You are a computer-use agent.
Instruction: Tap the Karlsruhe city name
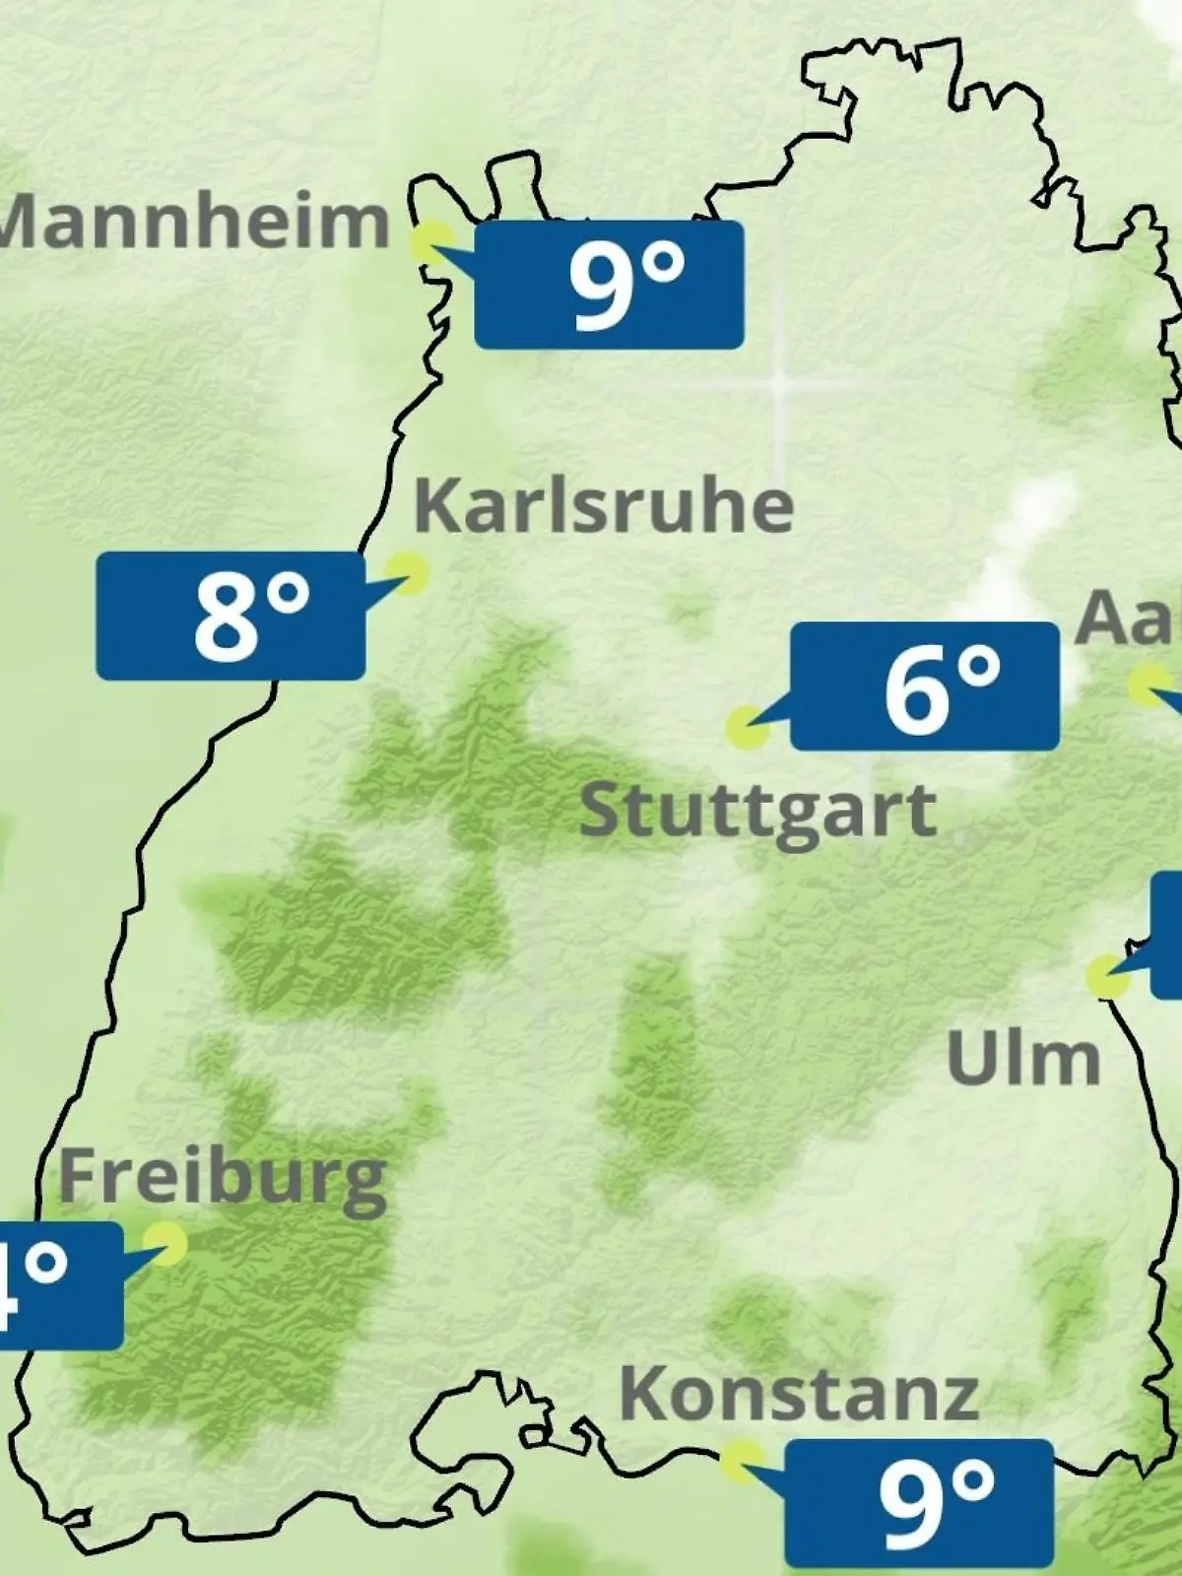click(603, 506)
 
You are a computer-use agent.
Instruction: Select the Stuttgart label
click(757, 812)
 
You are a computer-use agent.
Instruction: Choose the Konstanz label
click(799, 1393)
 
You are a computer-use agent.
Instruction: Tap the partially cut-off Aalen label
click(1129, 619)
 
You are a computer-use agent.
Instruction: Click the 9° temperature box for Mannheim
click(609, 285)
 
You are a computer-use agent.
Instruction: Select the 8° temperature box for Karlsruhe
click(230, 616)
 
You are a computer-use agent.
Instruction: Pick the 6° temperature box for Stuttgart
click(925, 687)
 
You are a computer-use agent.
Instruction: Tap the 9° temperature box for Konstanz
click(919, 1503)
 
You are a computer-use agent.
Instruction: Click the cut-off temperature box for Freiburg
click(59, 1285)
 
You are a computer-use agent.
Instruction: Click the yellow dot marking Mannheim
click(431, 241)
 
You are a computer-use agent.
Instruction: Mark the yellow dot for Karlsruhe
click(407, 572)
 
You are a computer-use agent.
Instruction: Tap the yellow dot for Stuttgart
click(746, 728)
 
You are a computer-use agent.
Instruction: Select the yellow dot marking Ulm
click(1107, 976)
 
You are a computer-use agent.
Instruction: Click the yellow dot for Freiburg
click(165, 1244)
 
